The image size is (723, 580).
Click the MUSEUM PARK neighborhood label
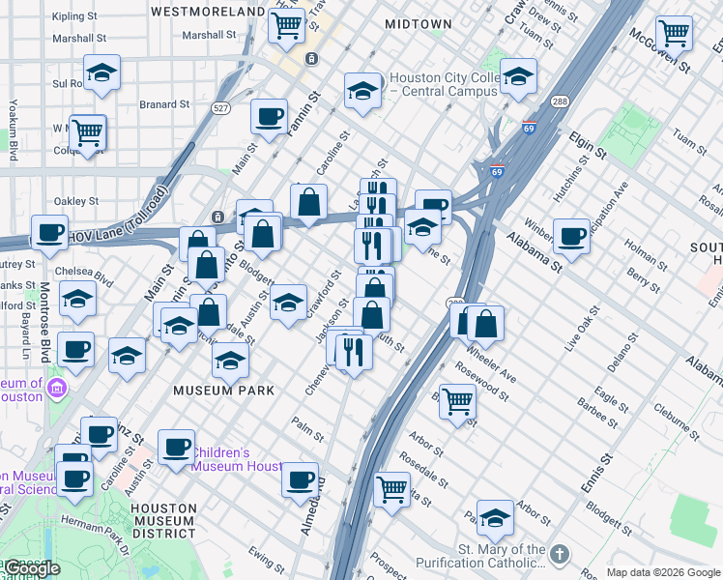click(223, 391)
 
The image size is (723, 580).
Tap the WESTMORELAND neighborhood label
click(207, 12)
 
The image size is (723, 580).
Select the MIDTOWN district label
click(418, 23)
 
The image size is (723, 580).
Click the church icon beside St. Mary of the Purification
click(560, 555)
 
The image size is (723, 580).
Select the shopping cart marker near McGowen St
click(674, 33)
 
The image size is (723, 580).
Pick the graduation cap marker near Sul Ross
click(101, 72)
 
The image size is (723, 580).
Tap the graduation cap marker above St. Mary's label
click(495, 518)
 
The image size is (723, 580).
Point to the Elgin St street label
click(587, 146)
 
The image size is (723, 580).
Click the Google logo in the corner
click(32, 568)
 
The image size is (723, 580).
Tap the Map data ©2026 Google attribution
click(662, 572)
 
